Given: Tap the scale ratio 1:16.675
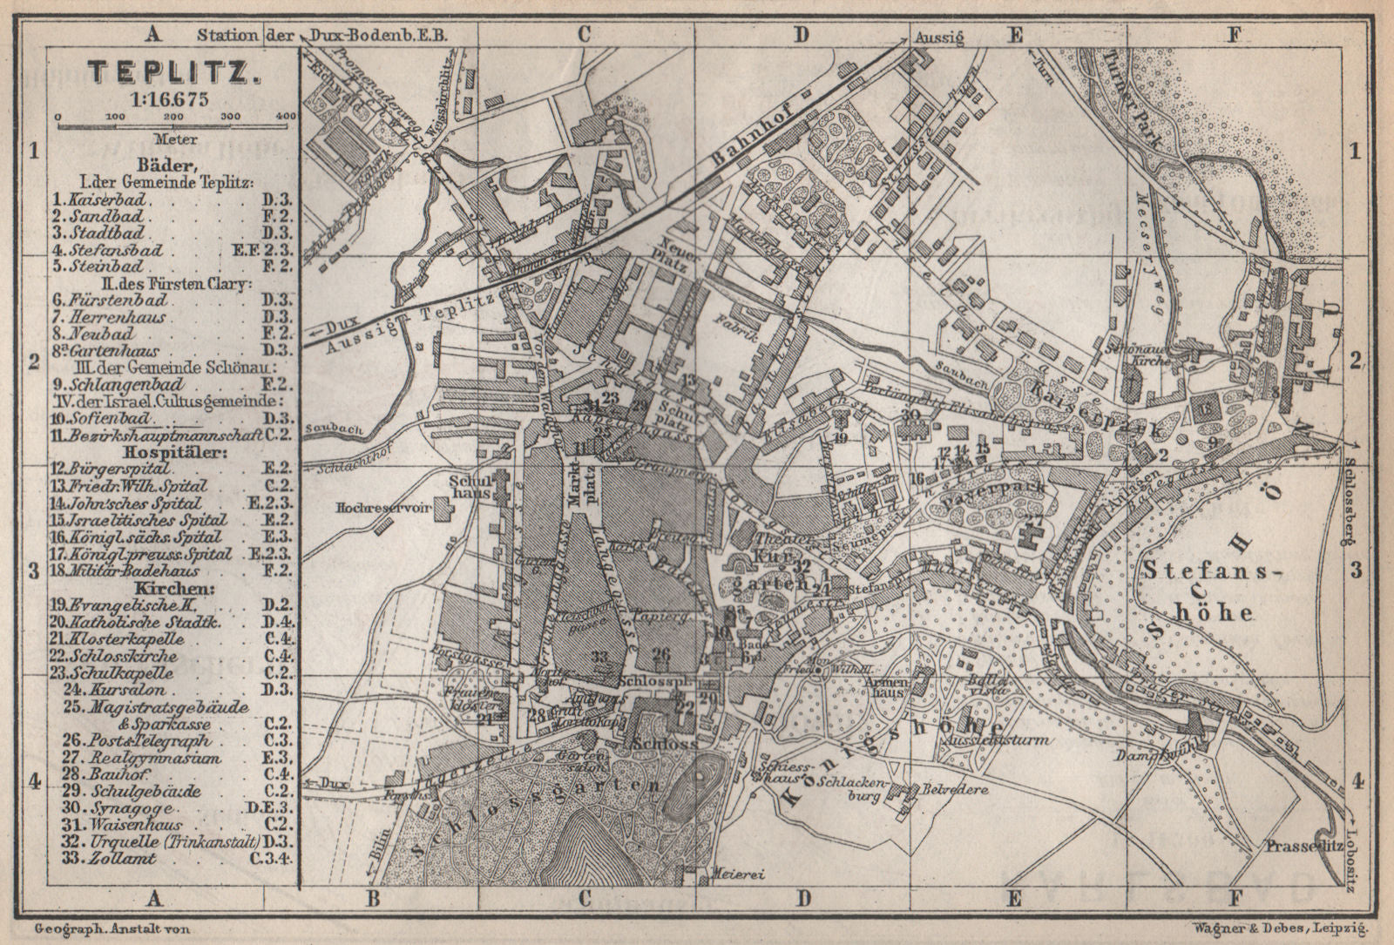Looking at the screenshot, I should (172, 98).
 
